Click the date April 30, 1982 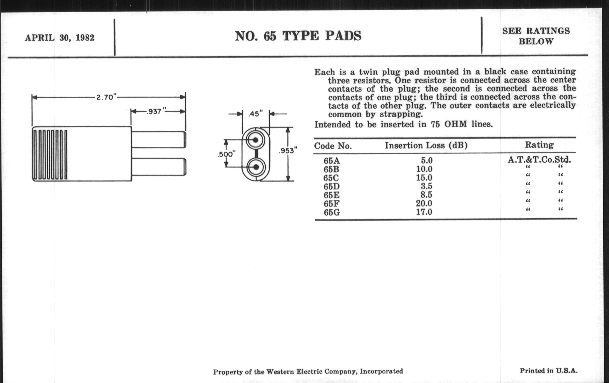(59, 38)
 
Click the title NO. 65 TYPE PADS (298, 36)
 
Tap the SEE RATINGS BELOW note (536, 36)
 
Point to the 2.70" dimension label (106, 97)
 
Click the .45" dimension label (256, 114)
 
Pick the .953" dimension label (288, 151)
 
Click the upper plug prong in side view (159, 139)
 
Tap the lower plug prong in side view (159, 167)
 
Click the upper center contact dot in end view (255, 140)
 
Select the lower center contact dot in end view (256, 167)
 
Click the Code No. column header (333, 146)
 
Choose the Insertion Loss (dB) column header (426, 145)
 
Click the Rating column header (539, 145)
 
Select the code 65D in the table (332, 186)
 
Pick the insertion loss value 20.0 (424, 203)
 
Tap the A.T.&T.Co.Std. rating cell (539, 160)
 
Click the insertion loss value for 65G (424, 212)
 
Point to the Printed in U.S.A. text (549, 371)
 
